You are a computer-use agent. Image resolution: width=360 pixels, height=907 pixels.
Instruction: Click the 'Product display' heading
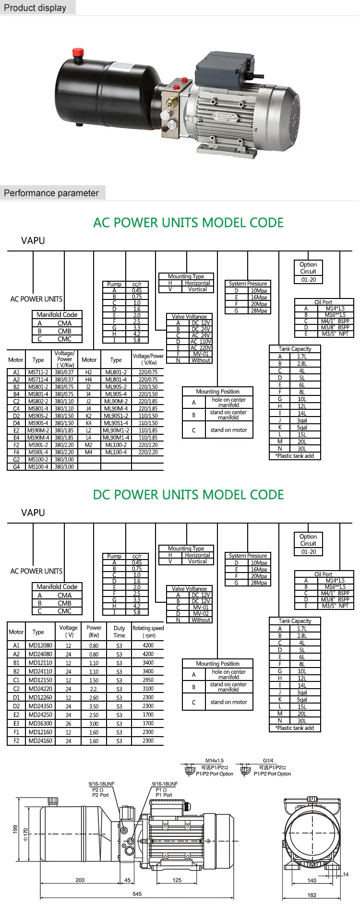35,8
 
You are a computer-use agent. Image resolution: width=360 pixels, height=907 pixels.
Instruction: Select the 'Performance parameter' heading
51,193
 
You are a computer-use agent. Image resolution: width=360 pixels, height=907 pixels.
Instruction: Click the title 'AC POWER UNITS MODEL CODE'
188,223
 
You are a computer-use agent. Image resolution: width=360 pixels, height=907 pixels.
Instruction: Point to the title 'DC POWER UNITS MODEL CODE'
188,495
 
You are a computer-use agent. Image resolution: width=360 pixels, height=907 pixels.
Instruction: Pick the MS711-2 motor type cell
38,372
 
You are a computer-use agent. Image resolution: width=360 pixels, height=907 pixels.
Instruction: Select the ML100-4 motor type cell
116,452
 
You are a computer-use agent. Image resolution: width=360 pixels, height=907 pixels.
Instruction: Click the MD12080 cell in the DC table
40,645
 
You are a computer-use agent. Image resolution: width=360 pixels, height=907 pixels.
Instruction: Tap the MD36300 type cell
40,724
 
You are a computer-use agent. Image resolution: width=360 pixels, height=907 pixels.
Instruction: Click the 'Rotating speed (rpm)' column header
148,632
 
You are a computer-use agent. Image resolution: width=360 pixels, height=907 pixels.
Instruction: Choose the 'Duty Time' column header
120,632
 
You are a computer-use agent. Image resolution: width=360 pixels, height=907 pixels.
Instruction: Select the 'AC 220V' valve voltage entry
201,348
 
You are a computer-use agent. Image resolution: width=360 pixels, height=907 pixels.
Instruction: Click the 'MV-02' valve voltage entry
201,613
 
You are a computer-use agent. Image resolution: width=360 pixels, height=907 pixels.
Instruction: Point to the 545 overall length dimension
137,894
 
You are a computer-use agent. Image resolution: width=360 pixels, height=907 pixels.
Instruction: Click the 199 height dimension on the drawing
15,830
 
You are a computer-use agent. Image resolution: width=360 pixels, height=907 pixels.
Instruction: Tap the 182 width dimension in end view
312,895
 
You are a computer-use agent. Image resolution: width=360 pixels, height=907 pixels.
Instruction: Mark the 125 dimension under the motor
177,880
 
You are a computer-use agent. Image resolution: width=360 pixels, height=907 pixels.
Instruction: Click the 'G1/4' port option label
268,761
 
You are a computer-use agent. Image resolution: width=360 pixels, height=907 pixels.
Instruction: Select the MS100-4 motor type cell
38,466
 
